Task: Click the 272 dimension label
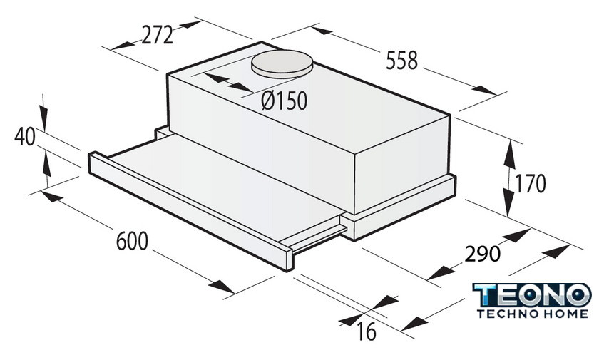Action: (x=158, y=35)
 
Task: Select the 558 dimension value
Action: (x=402, y=61)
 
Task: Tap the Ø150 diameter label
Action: (x=285, y=101)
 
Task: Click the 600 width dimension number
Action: (x=132, y=241)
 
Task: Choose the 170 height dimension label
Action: (x=531, y=184)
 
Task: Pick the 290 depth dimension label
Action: (x=482, y=254)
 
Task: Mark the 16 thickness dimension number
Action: (x=367, y=331)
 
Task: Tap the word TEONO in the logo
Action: (x=532, y=295)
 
